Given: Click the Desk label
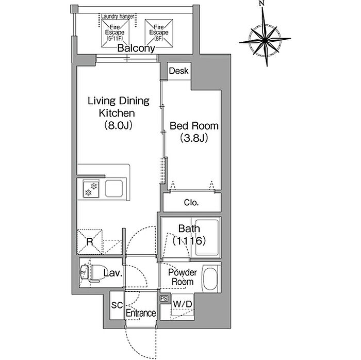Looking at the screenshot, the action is [178, 71].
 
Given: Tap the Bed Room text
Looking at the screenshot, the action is [194, 126].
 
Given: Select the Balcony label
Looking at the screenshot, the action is [136, 48].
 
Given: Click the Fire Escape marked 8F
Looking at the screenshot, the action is [159, 34].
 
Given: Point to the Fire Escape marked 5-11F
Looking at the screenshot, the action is [115, 34].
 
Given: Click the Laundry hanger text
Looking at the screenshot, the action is [118, 17].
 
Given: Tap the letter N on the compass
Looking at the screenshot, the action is [261, 3].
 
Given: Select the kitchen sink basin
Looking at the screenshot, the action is [114, 189].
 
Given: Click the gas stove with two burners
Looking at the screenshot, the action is [91, 189].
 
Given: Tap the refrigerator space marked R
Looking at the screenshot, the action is [90, 242].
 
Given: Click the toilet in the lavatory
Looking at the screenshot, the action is [90, 273].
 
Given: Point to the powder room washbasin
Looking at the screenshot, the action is [210, 279].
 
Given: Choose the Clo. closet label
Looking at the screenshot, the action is [191, 203].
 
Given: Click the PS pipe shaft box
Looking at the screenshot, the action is [164, 298].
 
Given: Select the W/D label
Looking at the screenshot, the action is [183, 304].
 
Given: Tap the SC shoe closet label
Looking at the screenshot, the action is [117, 305].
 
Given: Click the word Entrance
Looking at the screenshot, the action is [141, 313].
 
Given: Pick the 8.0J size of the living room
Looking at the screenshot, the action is [118, 125].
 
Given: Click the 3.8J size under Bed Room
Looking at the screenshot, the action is [194, 138].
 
